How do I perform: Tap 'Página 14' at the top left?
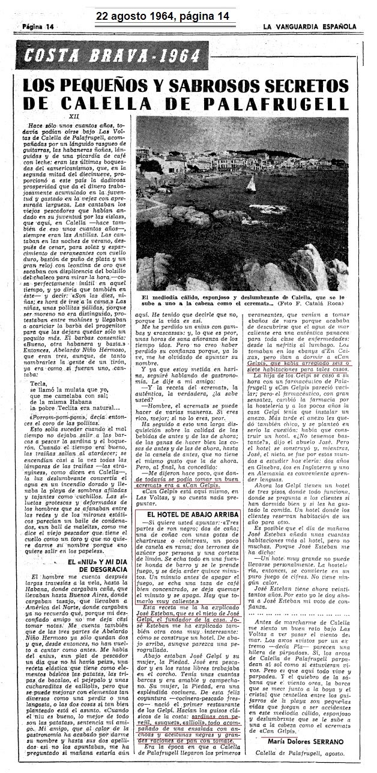click(x=37, y=27)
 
